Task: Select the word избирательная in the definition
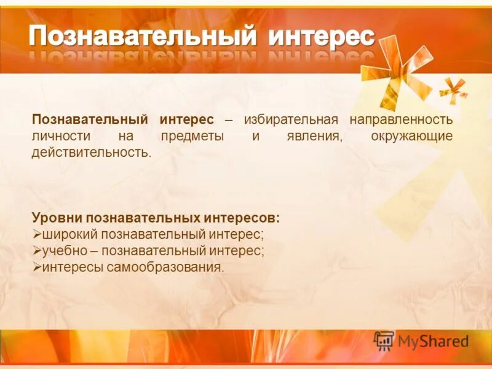(291, 119)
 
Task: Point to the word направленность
(402, 119)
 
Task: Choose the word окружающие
(412, 135)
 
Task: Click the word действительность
(91, 152)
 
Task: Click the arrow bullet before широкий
(36, 234)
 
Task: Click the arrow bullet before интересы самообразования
(36, 268)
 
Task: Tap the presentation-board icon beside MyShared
(384, 341)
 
